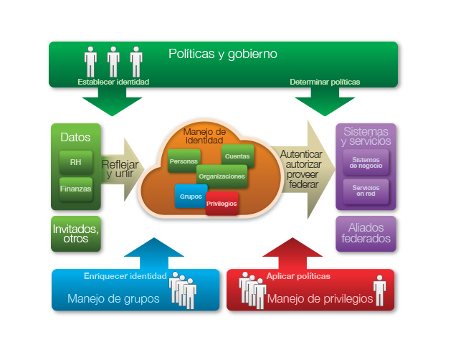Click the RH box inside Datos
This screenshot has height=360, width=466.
(x=75, y=162)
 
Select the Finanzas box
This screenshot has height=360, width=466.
(x=75, y=189)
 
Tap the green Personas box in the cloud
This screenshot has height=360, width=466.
(x=184, y=161)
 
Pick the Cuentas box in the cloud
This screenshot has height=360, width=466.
(x=236, y=156)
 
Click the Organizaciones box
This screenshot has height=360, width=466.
(x=222, y=176)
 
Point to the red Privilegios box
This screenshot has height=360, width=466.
(x=222, y=203)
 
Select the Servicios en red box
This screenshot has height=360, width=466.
(x=366, y=189)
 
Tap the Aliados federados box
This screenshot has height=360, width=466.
(x=366, y=233)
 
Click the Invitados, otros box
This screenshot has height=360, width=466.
(x=76, y=234)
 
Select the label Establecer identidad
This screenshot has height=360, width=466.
(x=113, y=82)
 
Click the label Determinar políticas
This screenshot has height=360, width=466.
(x=325, y=82)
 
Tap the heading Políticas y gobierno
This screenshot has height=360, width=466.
(x=222, y=54)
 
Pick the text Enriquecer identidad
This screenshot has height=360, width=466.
(x=125, y=276)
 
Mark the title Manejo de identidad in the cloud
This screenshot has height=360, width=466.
(x=205, y=136)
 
